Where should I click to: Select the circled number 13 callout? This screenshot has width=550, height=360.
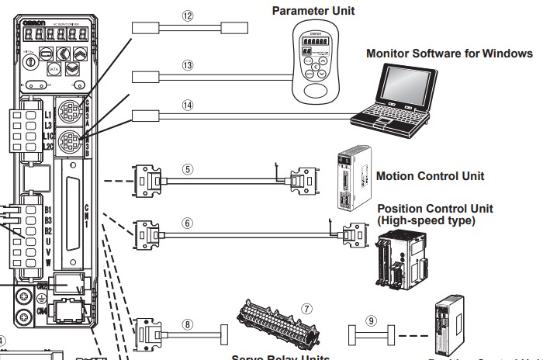(186, 66)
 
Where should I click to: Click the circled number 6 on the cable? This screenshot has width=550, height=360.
(188, 221)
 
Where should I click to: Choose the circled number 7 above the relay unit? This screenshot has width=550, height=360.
(308, 308)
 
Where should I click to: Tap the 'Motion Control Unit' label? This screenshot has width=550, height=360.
(430, 176)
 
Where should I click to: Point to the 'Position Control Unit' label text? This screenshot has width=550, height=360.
(434, 209)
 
